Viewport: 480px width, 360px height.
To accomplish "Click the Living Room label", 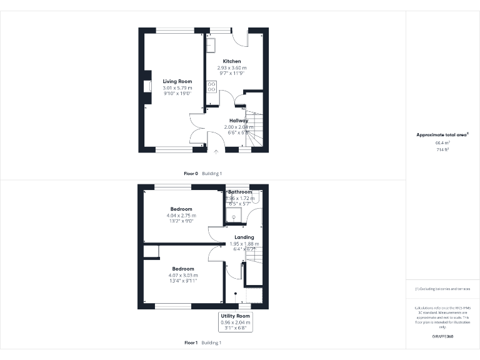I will (177, 81).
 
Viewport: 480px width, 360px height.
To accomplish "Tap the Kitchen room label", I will (232, 61).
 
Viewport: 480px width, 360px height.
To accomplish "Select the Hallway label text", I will (238, 120).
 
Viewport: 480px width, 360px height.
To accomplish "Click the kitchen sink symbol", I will (211, 44).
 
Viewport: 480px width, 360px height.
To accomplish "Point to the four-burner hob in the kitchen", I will (212, 86).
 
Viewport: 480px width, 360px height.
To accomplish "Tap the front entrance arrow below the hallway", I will (216, 151).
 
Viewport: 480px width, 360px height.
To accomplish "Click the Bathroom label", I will (240, 192).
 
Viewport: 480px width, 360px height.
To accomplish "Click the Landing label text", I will (244, 237).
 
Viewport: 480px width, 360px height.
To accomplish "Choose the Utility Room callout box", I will (235, 321).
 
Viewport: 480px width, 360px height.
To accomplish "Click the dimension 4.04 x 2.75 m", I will (182, 215).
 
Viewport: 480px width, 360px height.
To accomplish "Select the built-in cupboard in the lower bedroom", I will (151, 251).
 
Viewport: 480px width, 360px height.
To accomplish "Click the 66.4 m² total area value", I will (442, 143).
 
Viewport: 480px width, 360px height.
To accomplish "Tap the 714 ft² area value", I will (442, 149).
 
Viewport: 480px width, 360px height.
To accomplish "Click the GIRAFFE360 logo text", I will (442, 337).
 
